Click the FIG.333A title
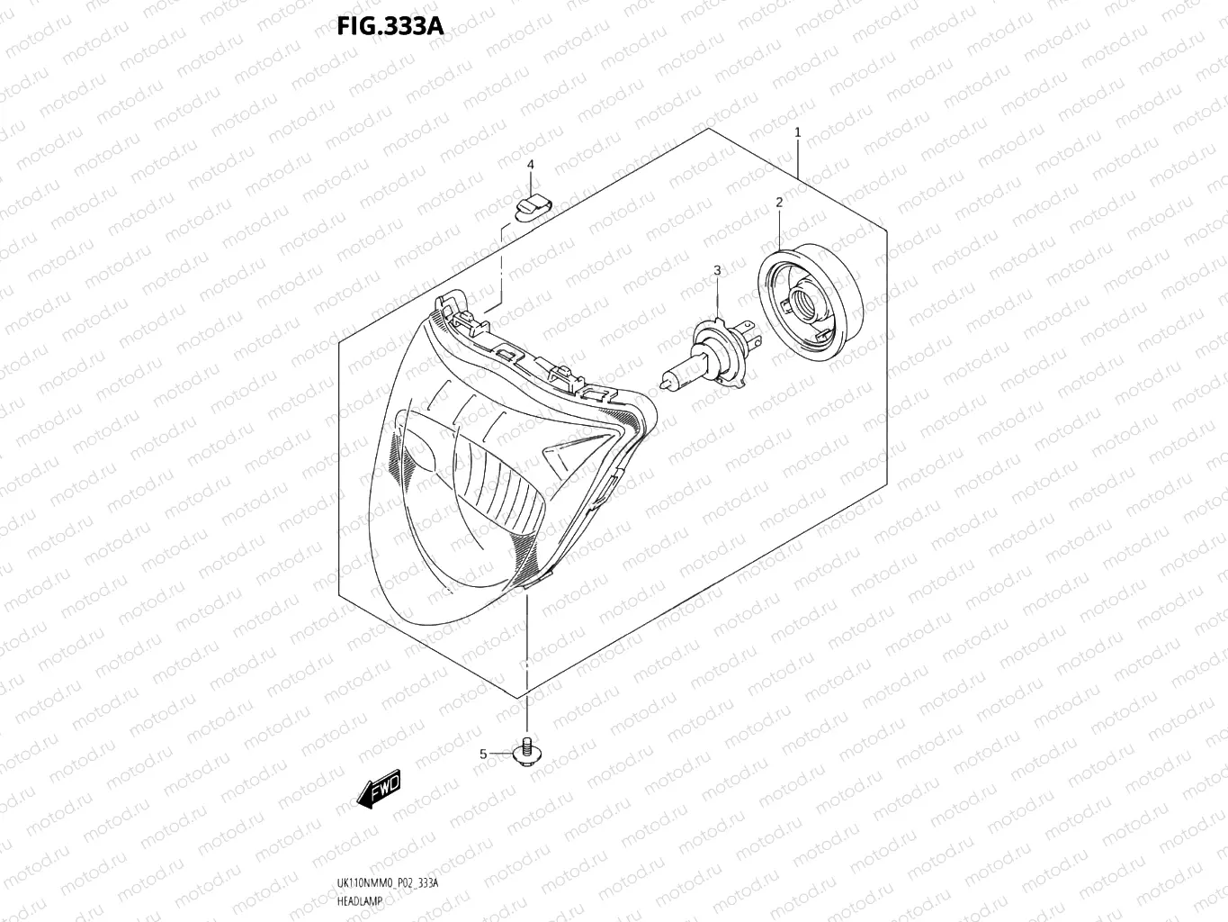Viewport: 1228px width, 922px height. tap(390, 25)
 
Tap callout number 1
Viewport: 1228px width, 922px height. tap(798, 132)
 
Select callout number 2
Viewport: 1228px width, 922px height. tap(779, 203)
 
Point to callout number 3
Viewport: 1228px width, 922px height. tap(717, 270)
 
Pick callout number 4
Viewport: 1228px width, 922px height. tap(531, 165)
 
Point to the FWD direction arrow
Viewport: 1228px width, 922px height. tap(378, 790)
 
